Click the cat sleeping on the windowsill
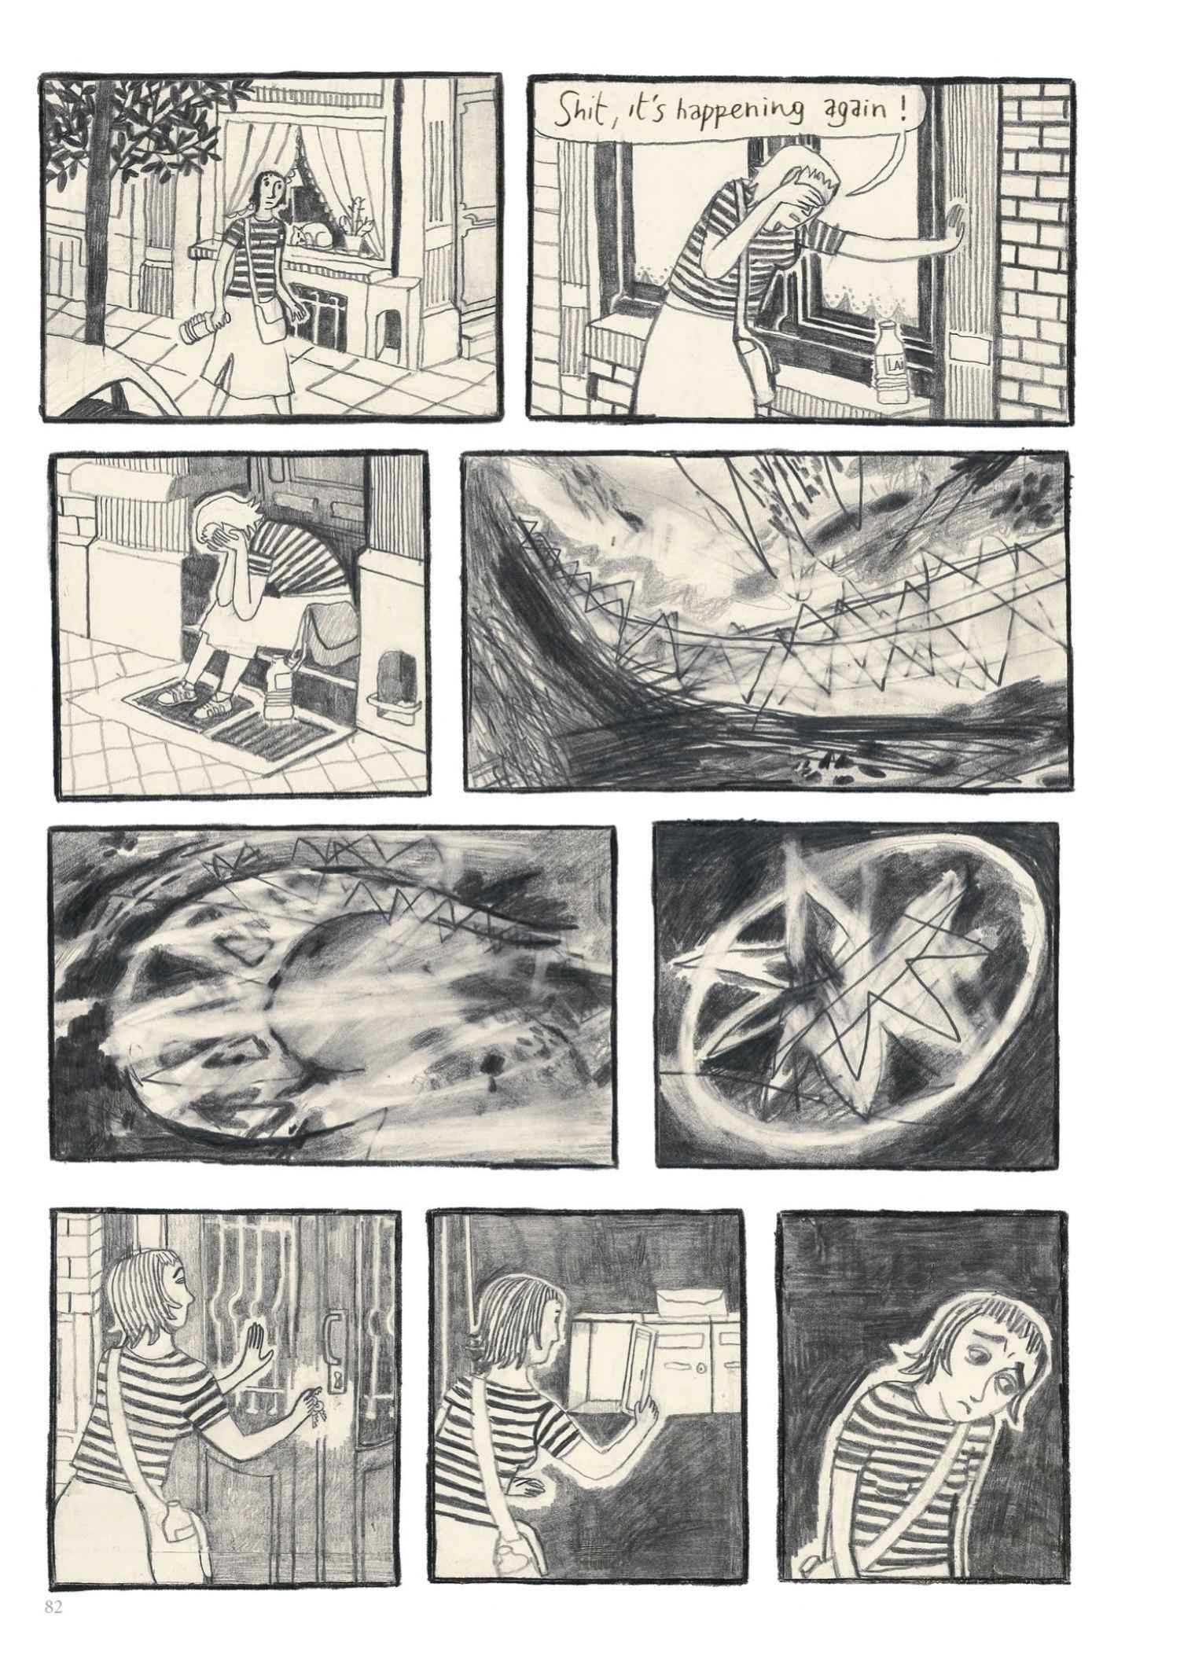pos(310,233)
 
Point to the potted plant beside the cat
pos(358,216)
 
